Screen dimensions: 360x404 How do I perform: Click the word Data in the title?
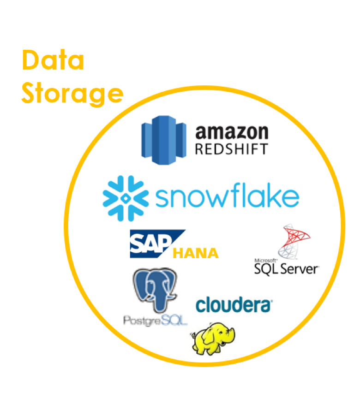tap(53, 60)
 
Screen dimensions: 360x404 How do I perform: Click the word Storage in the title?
tap(72, 94)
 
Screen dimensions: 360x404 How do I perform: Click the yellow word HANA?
tap(195, 253)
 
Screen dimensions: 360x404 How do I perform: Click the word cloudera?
tap(234, 305)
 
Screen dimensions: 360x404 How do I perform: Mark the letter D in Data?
tap(30, 61)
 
